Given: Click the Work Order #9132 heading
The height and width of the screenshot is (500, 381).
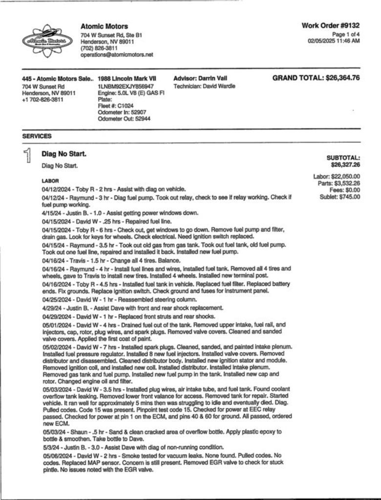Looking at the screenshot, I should [x=330, y=25].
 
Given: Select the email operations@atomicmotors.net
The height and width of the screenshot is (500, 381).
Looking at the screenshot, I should [x=117, y=55].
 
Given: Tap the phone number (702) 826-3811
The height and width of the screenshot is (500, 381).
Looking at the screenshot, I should [x=99, y=48].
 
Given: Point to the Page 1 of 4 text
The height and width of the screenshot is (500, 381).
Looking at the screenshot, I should [x=346, y=34].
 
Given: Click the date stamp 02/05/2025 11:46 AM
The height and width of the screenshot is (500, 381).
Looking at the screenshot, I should [x=334, y=41].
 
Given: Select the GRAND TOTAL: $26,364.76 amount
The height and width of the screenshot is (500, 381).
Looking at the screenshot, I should [x=316, y=78].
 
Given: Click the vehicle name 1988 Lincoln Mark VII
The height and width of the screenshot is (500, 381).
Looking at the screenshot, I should [x=127, y=78].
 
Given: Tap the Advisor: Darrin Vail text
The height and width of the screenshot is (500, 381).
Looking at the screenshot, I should [x=200, y=78].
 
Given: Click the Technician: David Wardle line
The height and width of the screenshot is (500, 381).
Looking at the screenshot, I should [x=204, y=86].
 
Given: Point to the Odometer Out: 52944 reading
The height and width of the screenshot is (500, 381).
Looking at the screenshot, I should [x=124, y=119].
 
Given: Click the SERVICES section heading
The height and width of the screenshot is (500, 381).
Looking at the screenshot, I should [x=37, y=136].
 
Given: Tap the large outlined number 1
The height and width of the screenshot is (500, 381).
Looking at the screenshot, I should [x=28, y=156].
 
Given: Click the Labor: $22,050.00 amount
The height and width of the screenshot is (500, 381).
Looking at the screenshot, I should [x=337, y=176].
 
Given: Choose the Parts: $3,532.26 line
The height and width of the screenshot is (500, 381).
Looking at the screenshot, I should [x=339, y=183].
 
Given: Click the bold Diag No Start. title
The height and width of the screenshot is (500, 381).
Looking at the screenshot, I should [x=64, y=154].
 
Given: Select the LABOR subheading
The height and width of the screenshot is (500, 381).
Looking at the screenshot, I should [x=50, y=181].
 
